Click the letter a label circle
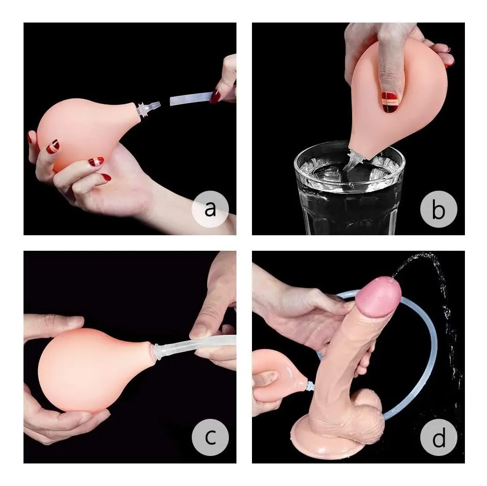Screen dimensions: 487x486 pos(210,209)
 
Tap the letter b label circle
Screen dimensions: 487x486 pos(439,209)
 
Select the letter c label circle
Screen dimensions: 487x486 pos(210,437)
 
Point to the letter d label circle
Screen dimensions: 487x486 pos(439,437)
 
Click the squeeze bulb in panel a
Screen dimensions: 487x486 pos(84,131)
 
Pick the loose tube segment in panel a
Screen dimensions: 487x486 pos(191,99)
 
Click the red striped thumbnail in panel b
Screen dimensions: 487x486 pos(390,102)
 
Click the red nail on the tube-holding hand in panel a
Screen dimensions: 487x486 pos(215,97)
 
